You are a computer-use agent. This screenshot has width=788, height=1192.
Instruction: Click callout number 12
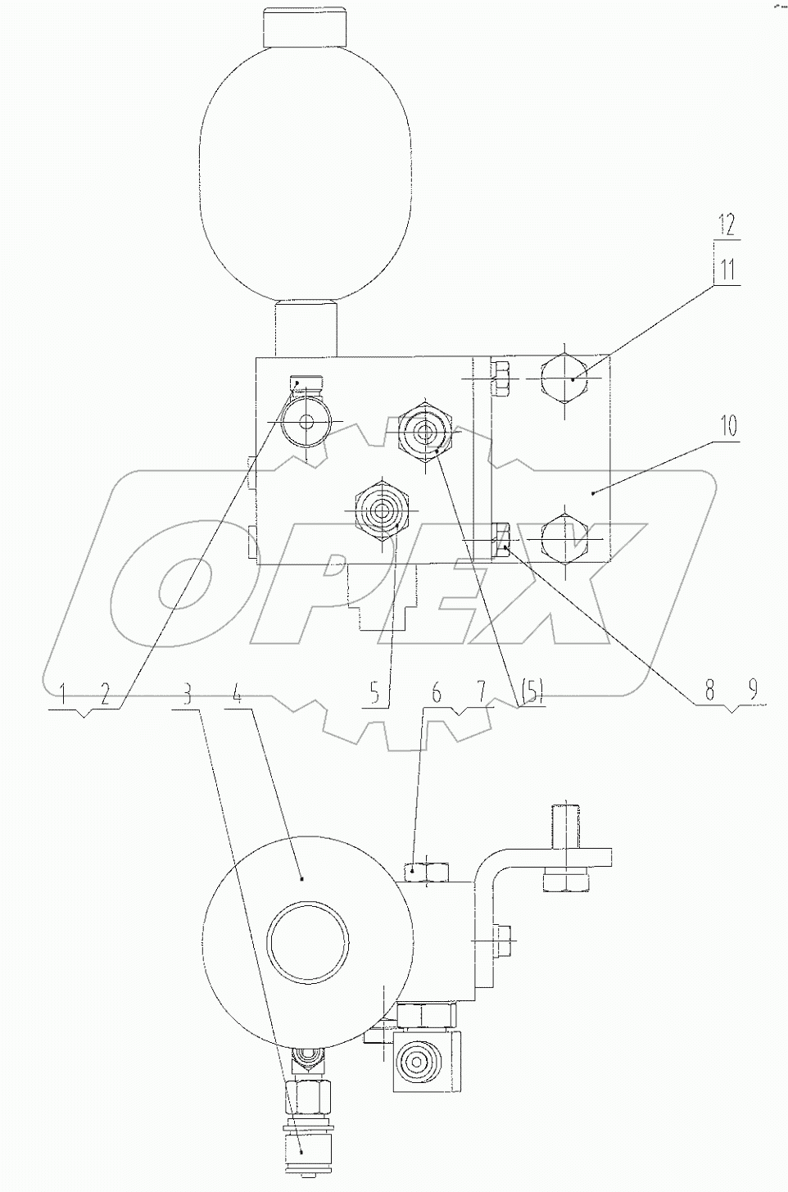(727, 223)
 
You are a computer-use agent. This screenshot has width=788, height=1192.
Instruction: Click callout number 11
(727, 268)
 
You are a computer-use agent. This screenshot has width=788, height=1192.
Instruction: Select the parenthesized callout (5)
(532, 695)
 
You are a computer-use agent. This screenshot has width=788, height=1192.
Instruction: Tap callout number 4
(237, 696)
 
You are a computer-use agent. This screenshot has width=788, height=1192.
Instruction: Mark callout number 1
(62, 696)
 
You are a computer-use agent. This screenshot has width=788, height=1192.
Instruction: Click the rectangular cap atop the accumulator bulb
(304, 28)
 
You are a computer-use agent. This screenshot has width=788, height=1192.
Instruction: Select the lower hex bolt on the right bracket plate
(565, 537)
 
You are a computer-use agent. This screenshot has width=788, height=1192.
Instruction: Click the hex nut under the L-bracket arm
(564, 882)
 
